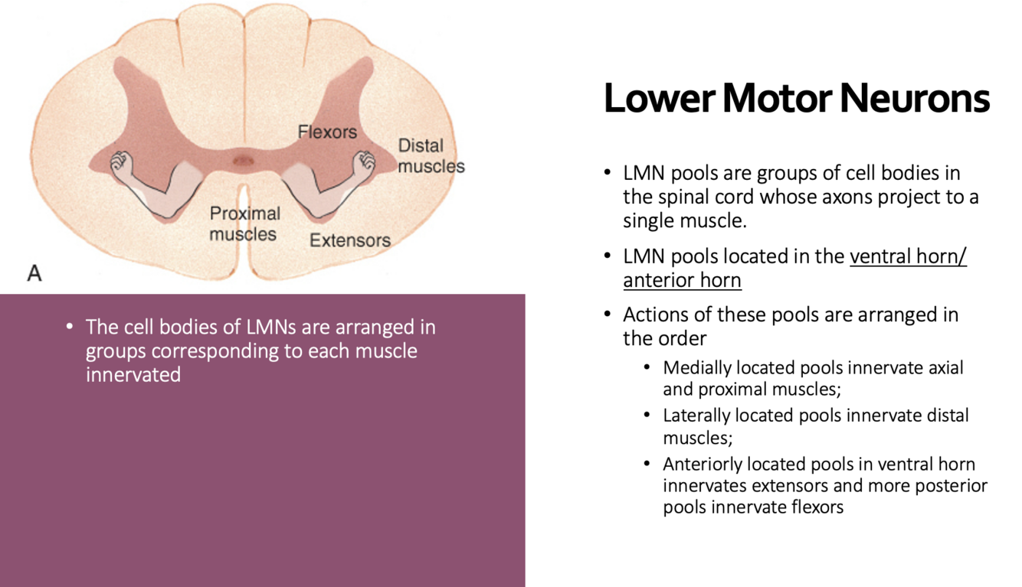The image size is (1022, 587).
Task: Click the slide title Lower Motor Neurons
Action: [x=796, y=99]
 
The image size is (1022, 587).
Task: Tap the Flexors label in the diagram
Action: [x=327, y=132]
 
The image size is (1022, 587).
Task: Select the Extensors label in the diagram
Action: [x=349, y=240]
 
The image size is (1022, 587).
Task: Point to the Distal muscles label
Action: [x=431, y=155]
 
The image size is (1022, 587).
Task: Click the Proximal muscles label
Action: [x=244, y=223]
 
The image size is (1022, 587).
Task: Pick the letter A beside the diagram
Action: [x=34, y=272]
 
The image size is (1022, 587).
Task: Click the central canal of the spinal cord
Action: [x=243, y=161]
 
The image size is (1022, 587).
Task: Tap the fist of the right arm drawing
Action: [x=365, y=162]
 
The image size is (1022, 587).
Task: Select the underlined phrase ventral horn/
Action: [x=908, y=256]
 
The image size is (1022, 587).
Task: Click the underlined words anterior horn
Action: [x=682, y=281]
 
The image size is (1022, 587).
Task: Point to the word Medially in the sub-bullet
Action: [x=695, y=367]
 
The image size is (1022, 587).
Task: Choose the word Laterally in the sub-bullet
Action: [x=696, y=416]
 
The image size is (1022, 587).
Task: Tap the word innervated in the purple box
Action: [x=133, y=375]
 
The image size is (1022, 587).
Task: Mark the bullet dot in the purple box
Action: [x=70, y=328]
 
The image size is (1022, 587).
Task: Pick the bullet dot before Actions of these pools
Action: [x=608, y=315]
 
